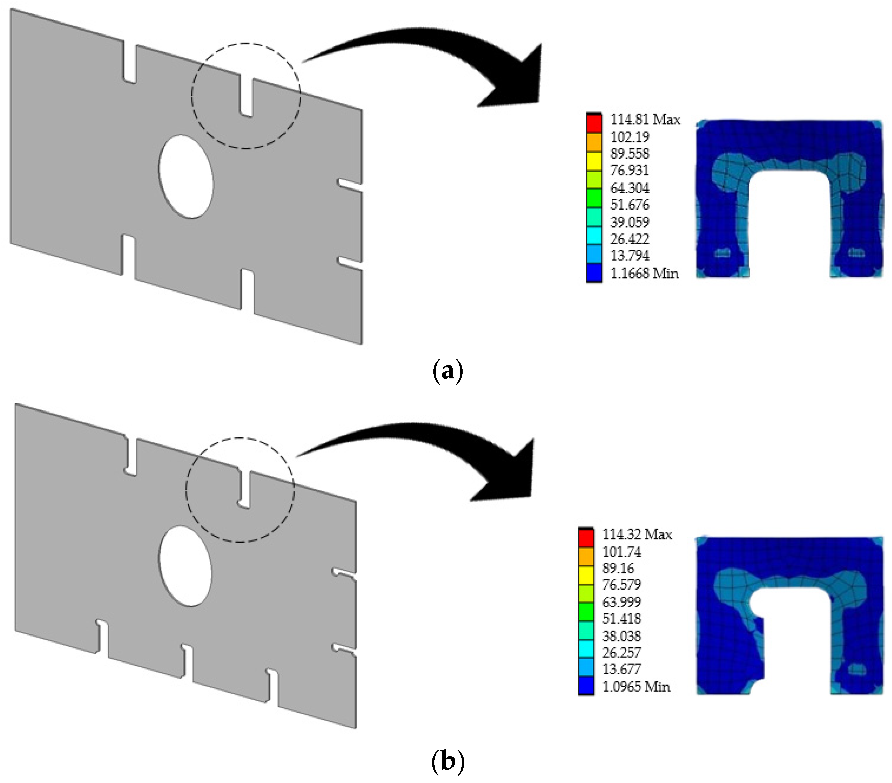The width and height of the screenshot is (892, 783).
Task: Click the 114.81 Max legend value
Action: point(645,119)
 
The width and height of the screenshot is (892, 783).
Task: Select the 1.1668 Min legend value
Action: point(644,274)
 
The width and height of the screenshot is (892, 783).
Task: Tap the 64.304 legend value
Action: point(630,188)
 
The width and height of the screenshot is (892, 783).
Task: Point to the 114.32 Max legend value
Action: point(637,534)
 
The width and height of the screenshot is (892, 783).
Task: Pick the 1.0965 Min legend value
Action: point(636,687)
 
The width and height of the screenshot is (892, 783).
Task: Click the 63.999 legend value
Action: point(622,602)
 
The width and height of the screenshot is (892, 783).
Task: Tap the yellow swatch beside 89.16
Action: point(586,575)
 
